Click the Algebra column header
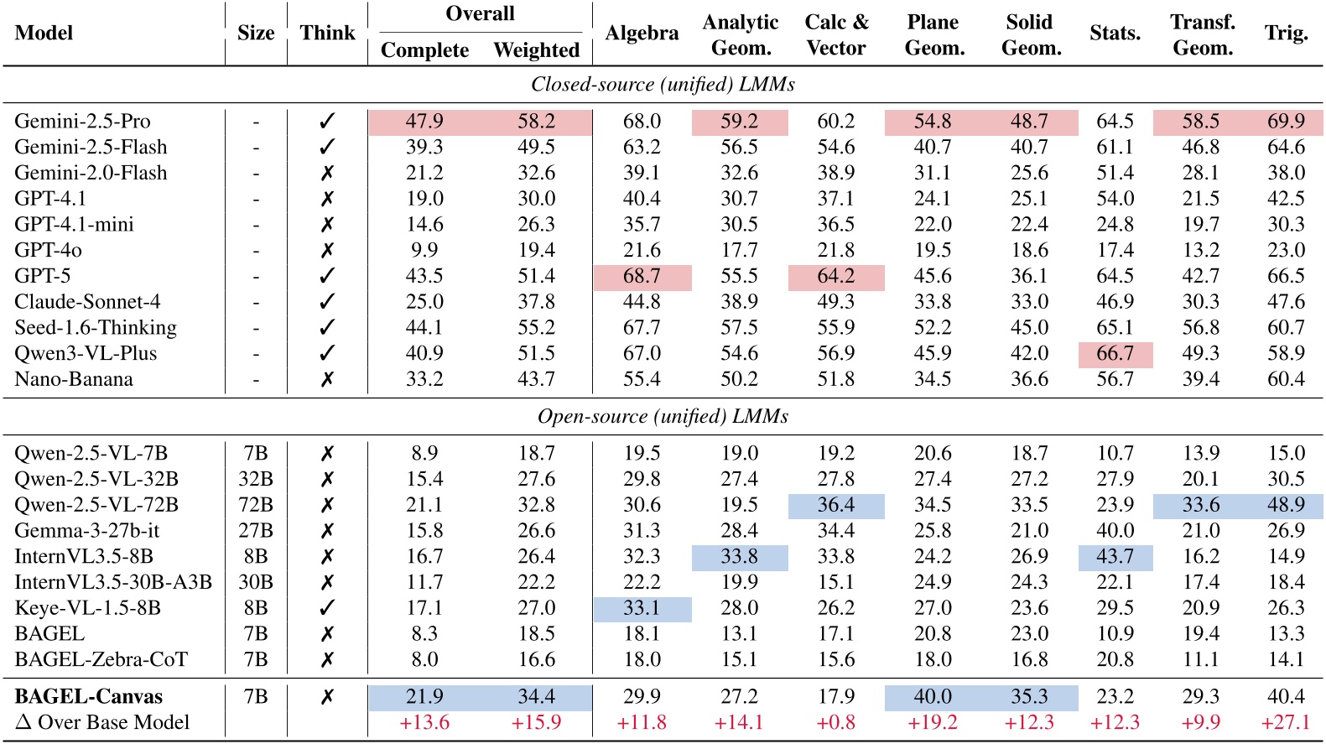642,33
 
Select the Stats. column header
1115,33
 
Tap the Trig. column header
1286,33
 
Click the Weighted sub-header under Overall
536,50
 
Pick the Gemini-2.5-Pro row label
82,121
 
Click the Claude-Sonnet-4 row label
87,302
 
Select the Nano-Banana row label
74,379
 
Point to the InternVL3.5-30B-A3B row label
113,582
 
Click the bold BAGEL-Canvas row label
88,696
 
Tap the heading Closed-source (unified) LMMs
663,84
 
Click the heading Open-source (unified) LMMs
663,417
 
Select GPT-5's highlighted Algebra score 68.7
642,276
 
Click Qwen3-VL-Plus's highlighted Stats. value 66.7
1115,353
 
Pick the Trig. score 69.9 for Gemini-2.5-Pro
1286,121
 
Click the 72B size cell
256,505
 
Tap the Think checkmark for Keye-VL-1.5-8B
327,608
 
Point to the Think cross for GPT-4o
327,250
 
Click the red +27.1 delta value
1286,722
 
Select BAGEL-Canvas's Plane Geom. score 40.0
933,696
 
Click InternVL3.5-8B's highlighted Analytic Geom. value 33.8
739,556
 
